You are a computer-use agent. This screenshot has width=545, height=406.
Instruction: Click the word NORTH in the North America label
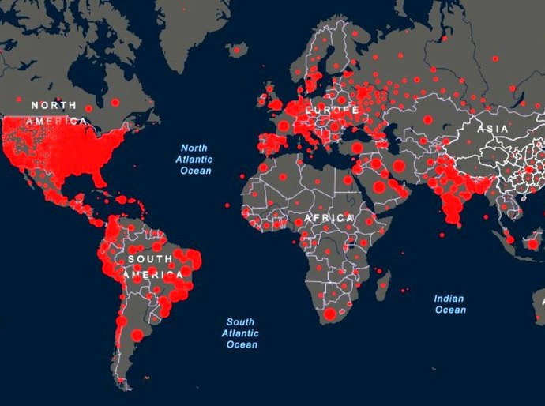click(x=54, y=105)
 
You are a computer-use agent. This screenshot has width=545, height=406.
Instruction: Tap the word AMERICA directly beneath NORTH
click(x=55, y=121)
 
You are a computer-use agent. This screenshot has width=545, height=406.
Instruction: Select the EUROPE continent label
click(x=332, y=109)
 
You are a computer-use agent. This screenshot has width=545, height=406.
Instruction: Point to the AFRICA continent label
click(x=329, y=217)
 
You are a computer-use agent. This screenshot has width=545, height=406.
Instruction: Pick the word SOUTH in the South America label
click(x=149, y=259)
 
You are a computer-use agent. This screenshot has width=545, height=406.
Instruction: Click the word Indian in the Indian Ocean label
click(x=449, y=299)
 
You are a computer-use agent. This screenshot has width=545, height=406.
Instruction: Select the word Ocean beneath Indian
click(x=450, y=310)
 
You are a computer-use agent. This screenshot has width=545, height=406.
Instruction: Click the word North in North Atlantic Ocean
click(x=194, y=148)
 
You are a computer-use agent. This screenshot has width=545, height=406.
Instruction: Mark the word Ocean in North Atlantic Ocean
click(x=196, y=171)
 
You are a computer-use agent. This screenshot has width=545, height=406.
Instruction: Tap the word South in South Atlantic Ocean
click(x=240, y=321)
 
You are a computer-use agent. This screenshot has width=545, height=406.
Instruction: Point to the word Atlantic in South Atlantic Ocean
click(x=241, y=333)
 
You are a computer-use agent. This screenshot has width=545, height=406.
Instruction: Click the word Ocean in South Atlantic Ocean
click(x=241, y=344)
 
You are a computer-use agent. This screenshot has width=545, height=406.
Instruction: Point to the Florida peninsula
click(x=99, y=177)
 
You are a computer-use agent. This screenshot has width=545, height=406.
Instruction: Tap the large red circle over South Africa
click(x=329, y=315)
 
